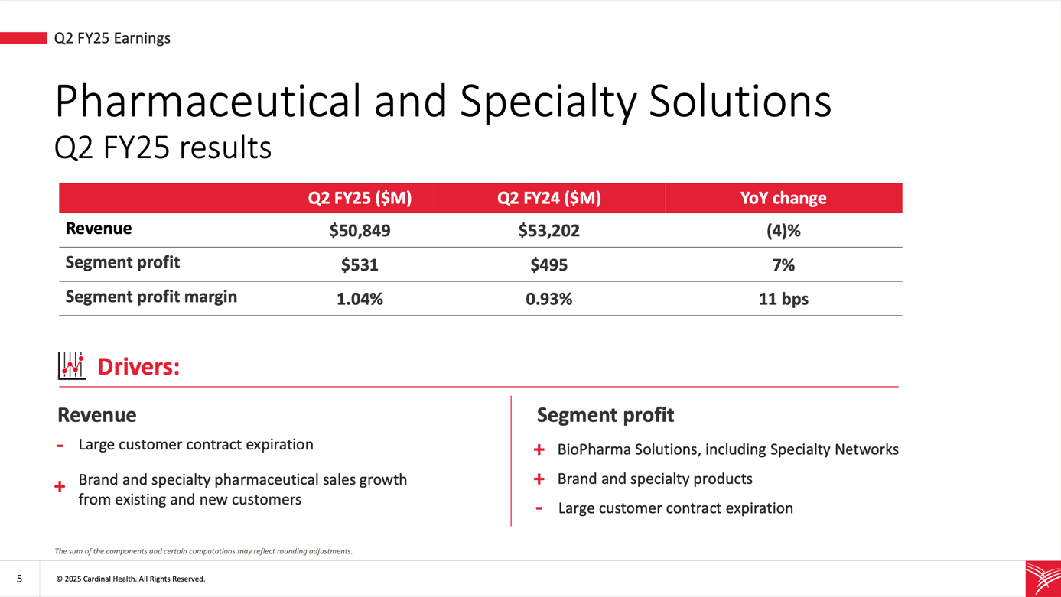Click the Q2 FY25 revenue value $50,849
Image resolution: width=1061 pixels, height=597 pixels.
[360, 231]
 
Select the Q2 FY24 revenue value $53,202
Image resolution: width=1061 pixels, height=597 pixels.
[548, 231]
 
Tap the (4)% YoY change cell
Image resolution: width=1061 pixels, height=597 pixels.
[783, 231]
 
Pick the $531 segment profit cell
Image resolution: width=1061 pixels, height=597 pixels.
[360, 265]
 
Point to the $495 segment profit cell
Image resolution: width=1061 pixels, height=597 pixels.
[548, 265]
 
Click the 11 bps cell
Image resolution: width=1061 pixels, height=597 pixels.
[783, 299]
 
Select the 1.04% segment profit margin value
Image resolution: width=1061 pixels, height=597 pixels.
[360, 299]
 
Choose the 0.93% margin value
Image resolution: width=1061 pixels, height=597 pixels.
[548, 299]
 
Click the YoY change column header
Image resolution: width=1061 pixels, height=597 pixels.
[783, 198]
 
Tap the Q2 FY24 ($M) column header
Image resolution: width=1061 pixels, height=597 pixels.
[548, 198]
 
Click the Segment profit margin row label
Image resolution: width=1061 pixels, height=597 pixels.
[151, 297]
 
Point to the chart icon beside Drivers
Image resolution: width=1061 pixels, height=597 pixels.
[71, 365]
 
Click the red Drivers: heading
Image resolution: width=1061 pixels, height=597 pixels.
[138, 367]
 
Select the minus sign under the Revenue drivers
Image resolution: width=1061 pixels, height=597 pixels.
[60, 446]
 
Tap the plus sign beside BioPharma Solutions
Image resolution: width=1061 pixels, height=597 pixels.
[539, 450]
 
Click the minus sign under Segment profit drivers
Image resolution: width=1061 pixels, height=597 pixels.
[539, 508]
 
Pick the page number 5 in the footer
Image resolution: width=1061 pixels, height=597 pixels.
[19, 579]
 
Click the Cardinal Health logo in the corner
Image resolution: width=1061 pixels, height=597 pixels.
[1043, 579]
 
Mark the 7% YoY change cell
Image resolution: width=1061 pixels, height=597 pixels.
[783, 265]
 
